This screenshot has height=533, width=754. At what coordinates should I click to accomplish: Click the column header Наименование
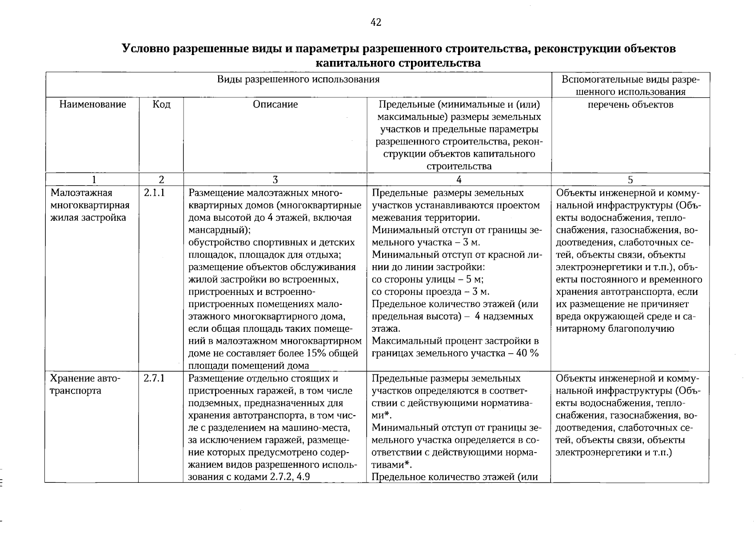[92, 104]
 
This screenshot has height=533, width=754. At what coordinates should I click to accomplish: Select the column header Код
[161, 104]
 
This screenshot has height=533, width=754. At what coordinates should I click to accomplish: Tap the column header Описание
[275, 104]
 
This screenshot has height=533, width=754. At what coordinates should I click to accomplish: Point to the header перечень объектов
[630, 104]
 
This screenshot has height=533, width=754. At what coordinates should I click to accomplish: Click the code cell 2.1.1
[154, 193]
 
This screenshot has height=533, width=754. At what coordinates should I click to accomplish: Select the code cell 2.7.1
[154, 378]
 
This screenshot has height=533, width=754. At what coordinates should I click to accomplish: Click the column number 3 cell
[275, 179]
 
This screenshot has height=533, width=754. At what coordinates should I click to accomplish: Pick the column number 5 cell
[630, 179]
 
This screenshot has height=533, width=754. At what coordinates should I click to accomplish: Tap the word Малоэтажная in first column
[81, 193]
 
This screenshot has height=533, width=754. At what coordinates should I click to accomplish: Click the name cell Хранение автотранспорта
[84, 385]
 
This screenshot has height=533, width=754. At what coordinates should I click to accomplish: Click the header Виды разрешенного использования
[298, 80]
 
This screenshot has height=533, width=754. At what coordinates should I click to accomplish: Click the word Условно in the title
[146, 48]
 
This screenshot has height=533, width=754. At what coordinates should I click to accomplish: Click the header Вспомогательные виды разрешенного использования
[630, 86]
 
